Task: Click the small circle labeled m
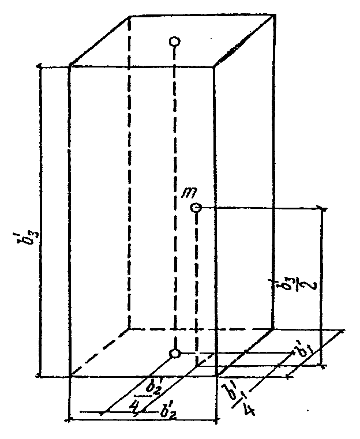click(196, 208)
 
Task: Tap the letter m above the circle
click(188, 192)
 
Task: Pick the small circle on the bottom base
click(175, 353)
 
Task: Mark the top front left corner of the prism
click(70, 66)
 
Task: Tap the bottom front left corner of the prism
click(70, 376)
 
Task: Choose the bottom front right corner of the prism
click(216, 376)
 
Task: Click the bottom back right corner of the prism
click(272, 329)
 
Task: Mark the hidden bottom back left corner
click(128, 329)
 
